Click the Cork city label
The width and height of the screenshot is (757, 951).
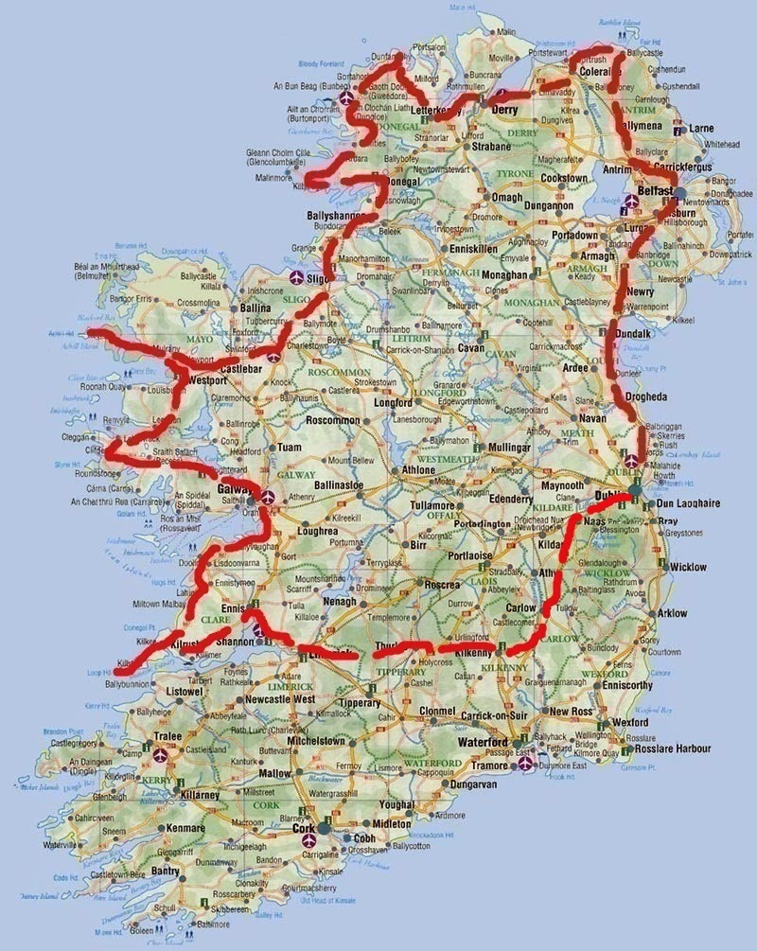click(x=303, y=827)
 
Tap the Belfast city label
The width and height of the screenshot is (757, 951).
click(x=654, y=190)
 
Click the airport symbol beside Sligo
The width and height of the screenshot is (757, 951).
click(x=301, y=277)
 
